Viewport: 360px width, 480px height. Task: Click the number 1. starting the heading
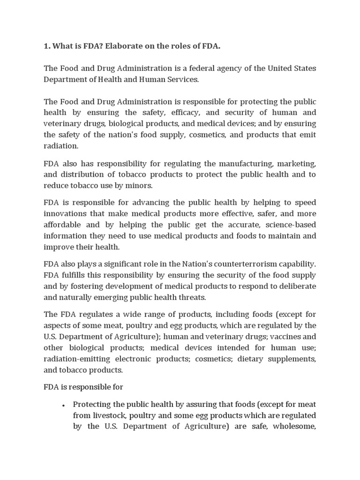[x=47, y=46]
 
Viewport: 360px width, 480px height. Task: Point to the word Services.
[x=183, y=80]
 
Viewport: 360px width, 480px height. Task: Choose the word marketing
[x=297, y=163]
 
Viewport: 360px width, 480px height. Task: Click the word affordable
[x=62, y=225]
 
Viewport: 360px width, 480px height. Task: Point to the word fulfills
[x=75, y=275]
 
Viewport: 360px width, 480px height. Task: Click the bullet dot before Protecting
[x=63, y=405]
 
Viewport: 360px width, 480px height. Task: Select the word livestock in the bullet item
[x=109, y=415]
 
